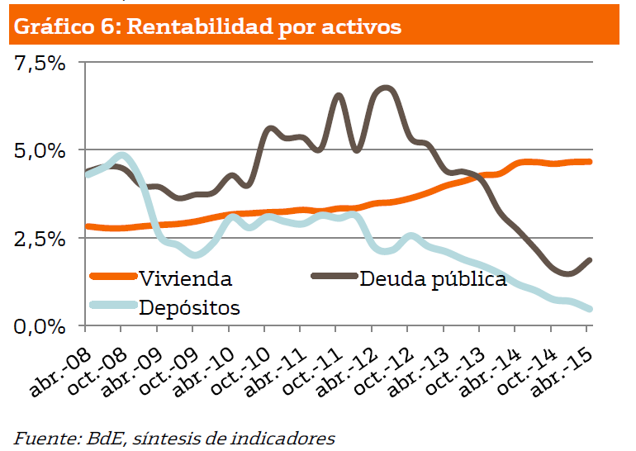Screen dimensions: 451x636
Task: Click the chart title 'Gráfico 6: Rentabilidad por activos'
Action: coord(208,26)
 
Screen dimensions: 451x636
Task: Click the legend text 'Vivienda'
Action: coord(186,278)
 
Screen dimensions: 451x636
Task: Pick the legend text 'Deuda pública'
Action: coord(433,278)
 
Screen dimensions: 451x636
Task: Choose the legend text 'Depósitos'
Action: coord(190,308)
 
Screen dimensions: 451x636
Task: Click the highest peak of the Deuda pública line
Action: coord(387,88)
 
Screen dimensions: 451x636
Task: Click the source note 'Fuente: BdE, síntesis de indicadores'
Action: coord(174,437)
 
